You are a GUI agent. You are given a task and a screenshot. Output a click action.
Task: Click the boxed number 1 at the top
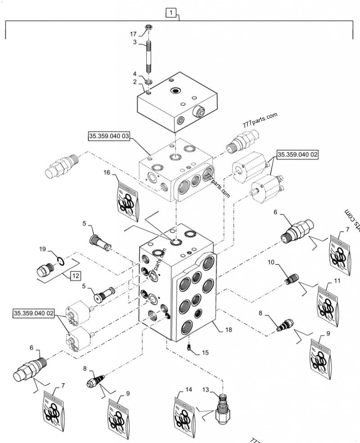pos(171,13)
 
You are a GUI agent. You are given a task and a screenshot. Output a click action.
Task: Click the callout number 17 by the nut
pos(134,33)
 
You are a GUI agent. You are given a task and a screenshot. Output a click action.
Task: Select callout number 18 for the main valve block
pos(229,330)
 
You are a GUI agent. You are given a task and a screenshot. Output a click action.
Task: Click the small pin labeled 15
pos(190,346)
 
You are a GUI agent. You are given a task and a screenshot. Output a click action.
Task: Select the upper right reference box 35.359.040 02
pos(297,155)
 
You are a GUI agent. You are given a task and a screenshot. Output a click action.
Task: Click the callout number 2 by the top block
pos(134,81)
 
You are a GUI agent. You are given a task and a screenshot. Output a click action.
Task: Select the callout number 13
pos(205,388)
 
